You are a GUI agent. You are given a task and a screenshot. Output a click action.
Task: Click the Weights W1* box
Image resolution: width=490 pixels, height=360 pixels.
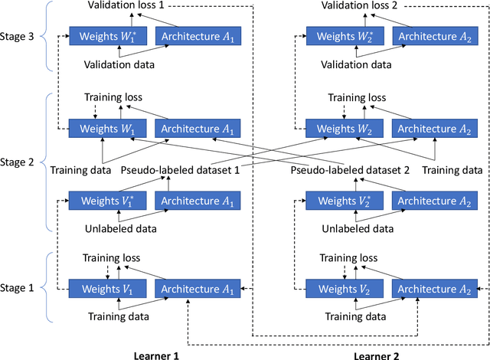point(109,36)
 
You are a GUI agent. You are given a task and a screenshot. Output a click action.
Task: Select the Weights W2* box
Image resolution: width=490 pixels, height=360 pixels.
point(346,36)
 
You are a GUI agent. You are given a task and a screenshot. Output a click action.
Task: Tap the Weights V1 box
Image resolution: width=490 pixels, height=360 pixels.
point(109,289)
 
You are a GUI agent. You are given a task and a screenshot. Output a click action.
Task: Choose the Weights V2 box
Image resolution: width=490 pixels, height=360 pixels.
point(346,289)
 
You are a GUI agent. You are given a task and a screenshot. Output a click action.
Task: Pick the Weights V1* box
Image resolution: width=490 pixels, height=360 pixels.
point(109,201)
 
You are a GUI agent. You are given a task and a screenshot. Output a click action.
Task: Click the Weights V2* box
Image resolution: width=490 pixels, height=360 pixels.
point(346,201)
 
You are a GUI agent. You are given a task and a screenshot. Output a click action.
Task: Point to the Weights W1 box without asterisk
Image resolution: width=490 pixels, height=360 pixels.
point(109,128)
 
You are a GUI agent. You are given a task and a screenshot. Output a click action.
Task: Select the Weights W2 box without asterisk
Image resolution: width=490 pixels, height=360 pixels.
point(346,128)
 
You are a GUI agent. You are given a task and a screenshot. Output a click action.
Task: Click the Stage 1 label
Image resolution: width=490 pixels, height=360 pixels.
point(21,288)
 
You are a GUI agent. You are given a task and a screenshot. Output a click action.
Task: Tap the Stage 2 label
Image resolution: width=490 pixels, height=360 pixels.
point(21,162)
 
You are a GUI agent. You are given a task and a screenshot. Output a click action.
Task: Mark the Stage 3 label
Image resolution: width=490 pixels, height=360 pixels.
point(21,36)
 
